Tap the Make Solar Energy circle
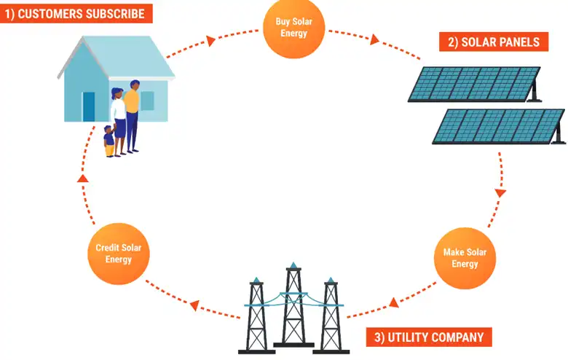pyautogui.click(x=465, y=258)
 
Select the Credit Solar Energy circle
pyautogui.click(x=118, y=254)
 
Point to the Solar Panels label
pyautogui.click(x=493, y=42)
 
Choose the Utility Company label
pyautogui.click(x=428, y=337)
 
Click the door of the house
pyautogui.click(x=89, y=106)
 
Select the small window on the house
pyautogui.click(x=147, y=101)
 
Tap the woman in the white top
pyautogui.click(x=118, y=117)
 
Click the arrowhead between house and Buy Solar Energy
pyautogui.click(x=210, y=41)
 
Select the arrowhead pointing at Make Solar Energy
pyautogui.click(x=500, y=194)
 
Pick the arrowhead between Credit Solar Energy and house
pyautogui.click(x=82, y=179)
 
